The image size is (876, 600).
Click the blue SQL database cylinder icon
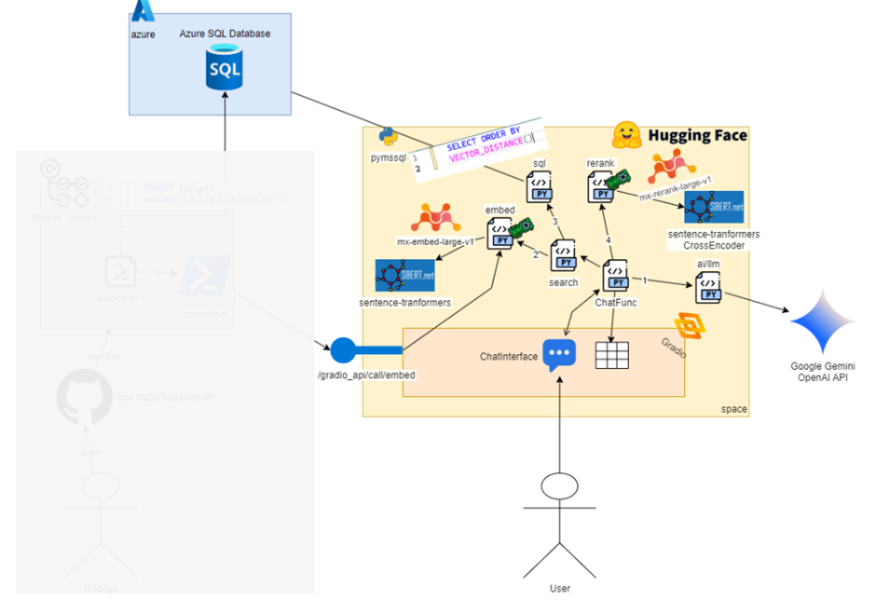[224, 71]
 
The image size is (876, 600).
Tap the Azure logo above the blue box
[143, 11]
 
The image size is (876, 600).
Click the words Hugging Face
[697, 136]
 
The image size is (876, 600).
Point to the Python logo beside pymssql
[389, 137]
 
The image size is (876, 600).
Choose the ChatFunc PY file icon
[614, 277]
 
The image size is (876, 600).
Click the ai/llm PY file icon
[708, 287]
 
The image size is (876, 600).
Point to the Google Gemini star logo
[821, 321]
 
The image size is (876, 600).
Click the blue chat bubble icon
[559, 355]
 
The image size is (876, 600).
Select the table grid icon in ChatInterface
[612, 355]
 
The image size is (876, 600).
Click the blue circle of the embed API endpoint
[343, 350]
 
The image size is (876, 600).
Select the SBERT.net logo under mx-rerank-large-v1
[714, 208]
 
